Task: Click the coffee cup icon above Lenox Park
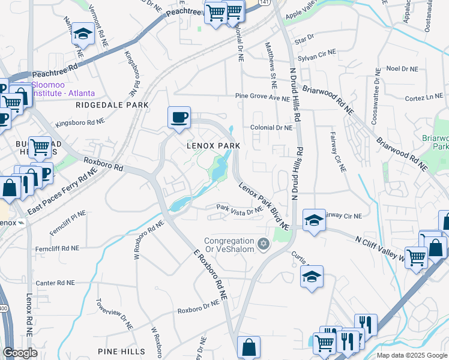click(179, 116)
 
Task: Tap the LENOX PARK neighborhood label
click(213, 146)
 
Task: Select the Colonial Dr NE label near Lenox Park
click(271, 128)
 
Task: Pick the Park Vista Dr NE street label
click(240, 209)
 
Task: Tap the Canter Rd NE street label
click(55, 283)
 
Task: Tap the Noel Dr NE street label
click(402, 69)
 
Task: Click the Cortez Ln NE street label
click(424, 97)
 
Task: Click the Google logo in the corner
click(19, 353)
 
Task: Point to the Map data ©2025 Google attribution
click(412, 355)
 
